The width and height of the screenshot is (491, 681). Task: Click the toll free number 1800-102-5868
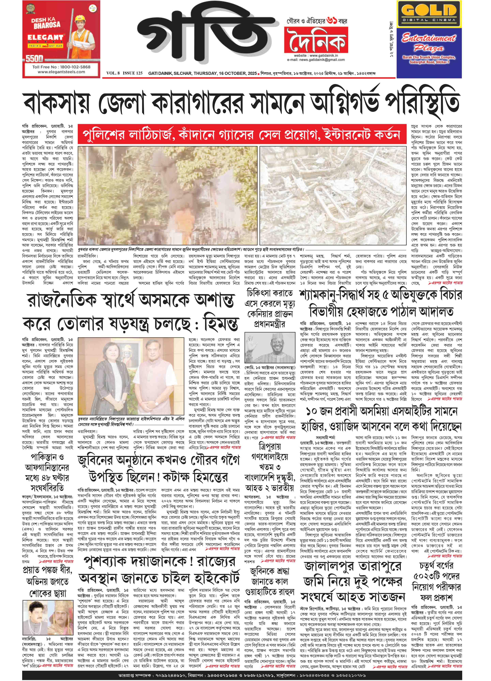click(61, 67)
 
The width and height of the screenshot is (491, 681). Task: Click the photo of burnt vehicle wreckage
click(333, 195)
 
